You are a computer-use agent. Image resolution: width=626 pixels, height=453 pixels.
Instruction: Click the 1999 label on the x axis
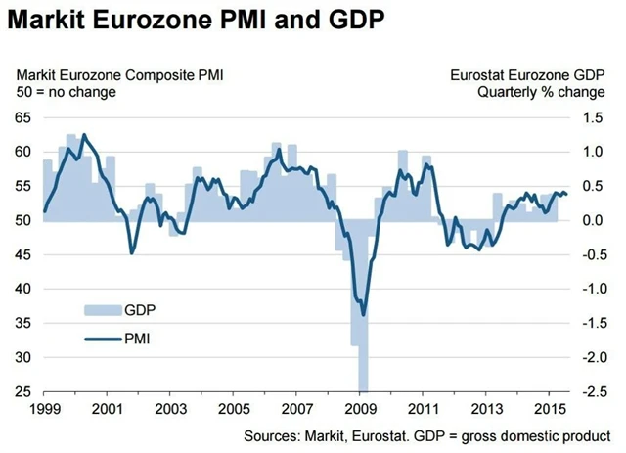(45, 407)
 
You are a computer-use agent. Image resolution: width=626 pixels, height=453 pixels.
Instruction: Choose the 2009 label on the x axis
(362, 407)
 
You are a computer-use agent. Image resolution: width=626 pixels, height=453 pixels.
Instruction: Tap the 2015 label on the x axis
(553, 407)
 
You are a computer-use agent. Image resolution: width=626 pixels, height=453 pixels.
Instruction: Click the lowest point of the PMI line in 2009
(363, 314)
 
